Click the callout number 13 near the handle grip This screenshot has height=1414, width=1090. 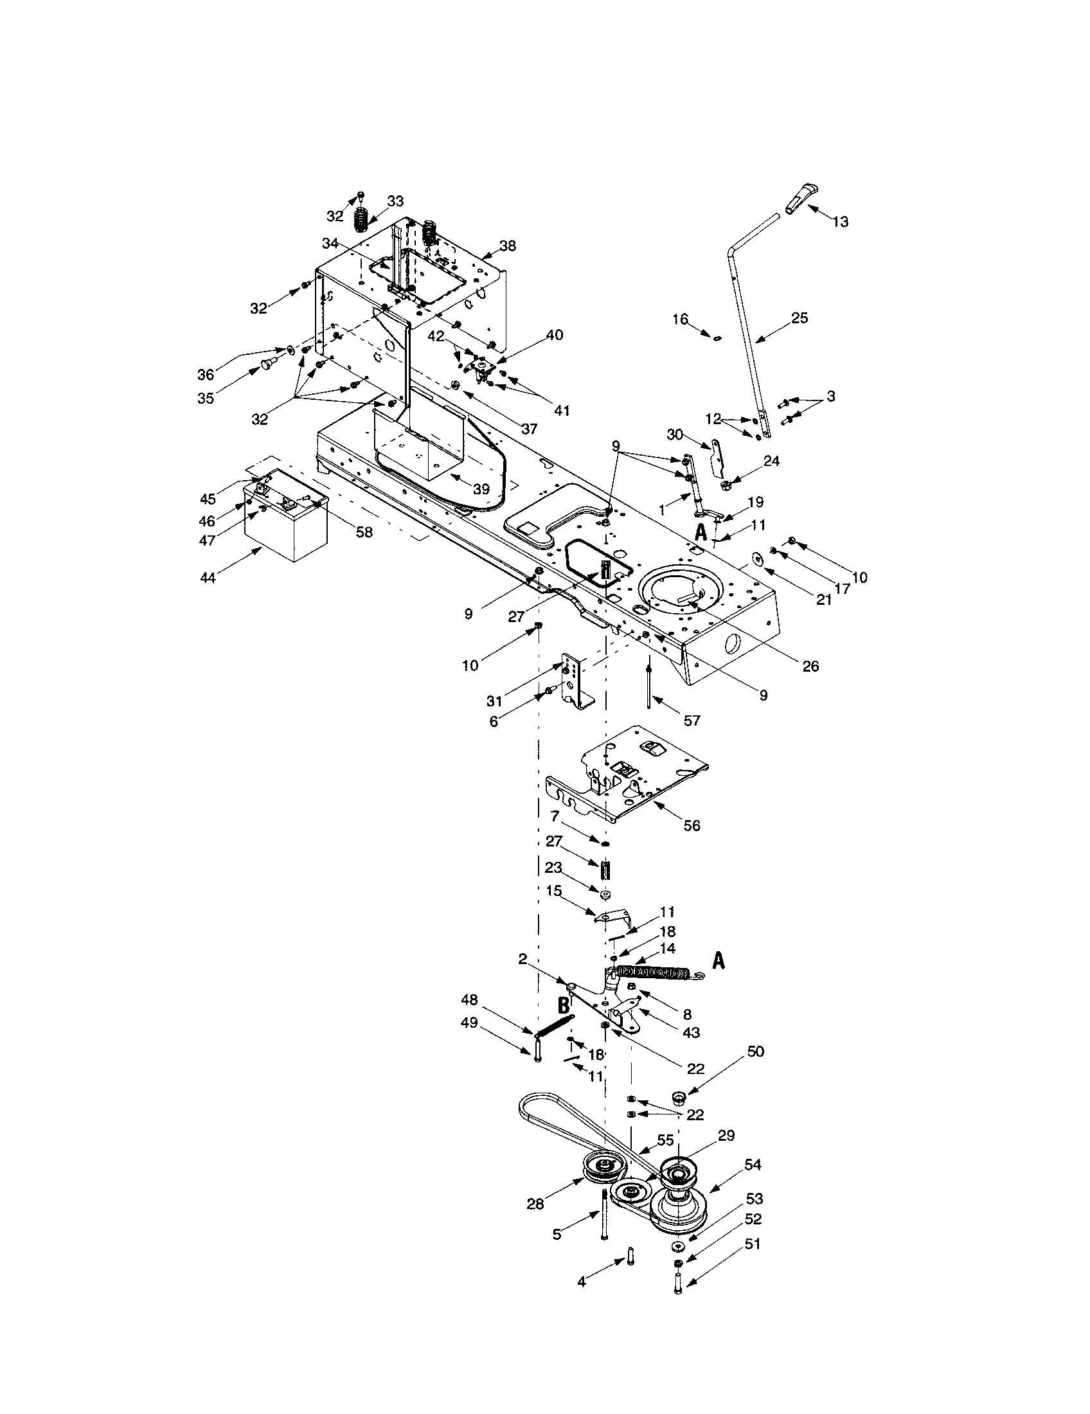[x=840, y=222]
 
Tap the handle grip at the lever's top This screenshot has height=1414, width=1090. [x=801, y=198]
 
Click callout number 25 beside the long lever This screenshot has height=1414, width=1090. [x=800, y=318]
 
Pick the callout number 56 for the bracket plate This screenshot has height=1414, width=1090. [x=692, y=825]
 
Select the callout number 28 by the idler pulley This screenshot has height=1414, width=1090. [x=535, y=1204]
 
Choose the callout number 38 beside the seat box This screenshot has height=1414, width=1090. [x=508, y=246]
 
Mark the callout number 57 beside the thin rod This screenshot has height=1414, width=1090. [x=692, y=720]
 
